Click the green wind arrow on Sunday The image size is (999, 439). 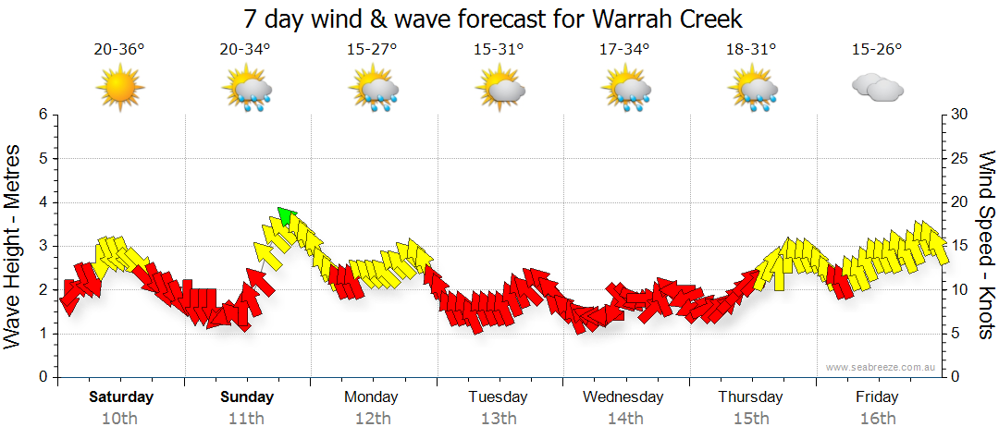point(287,216)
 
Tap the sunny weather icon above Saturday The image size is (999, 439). point(120,89)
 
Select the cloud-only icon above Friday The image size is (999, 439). point(877,88)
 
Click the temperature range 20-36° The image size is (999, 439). point(119,49)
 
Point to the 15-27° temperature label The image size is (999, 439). point(372,49)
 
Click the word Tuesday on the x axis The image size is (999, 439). point(498,396)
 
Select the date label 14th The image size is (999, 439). point(624,418)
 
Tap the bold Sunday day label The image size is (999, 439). point(247,396)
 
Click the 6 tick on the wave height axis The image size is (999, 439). point(43,115)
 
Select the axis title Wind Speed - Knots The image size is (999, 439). point(985,245)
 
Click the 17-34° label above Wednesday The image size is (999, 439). point(624,49)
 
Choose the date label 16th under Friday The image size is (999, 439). point(877,418)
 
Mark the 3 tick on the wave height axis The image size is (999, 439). point(43,246)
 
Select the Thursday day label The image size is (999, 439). point(750,396)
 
